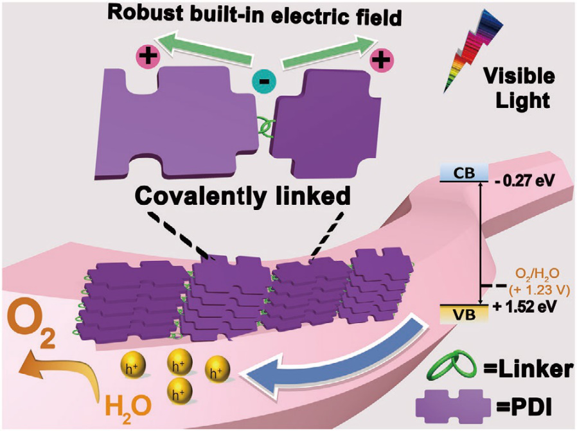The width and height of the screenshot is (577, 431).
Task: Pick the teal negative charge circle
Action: [x=263, y=82]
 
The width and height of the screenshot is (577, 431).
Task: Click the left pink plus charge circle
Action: [x=147, y=57]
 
